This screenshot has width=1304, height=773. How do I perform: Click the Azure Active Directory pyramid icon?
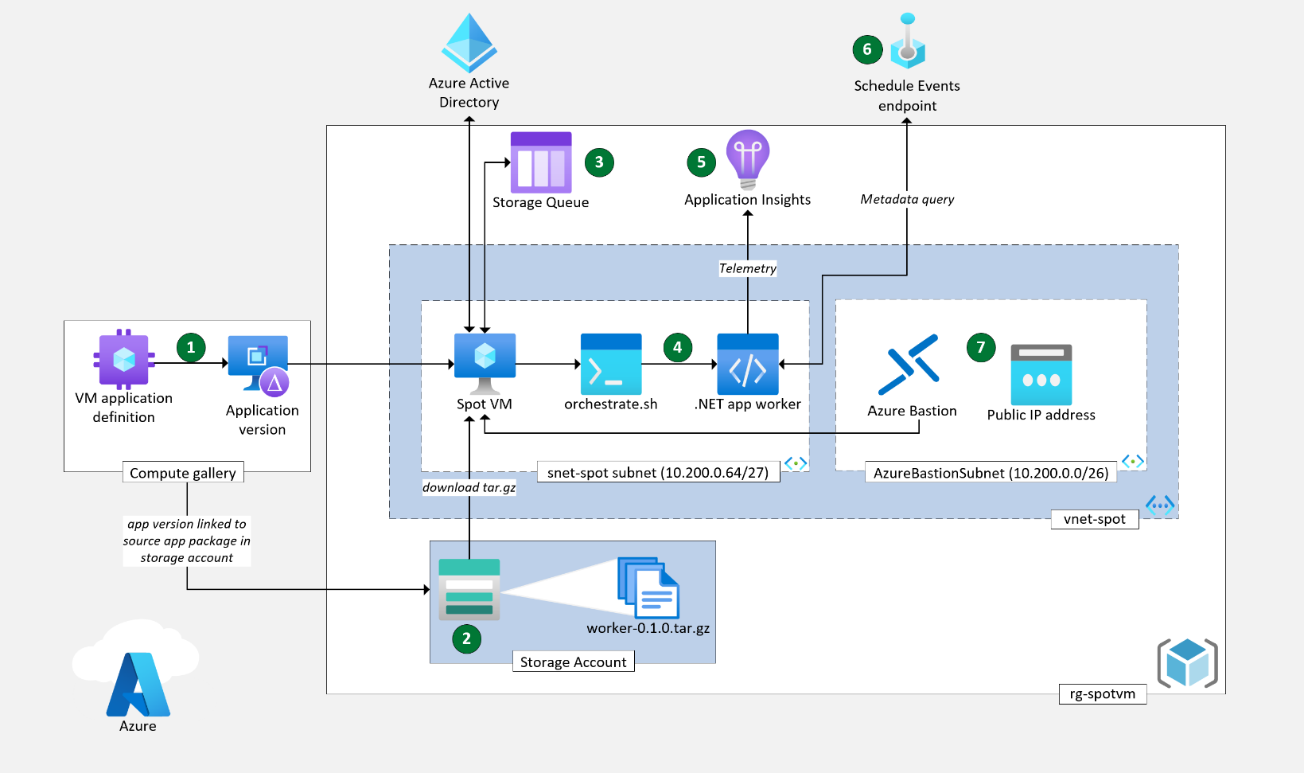469,42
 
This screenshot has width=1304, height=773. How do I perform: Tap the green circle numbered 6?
867,49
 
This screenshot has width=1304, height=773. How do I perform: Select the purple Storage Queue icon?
541,162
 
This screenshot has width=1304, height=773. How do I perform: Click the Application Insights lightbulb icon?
747,159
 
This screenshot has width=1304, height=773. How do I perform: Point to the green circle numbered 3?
599,162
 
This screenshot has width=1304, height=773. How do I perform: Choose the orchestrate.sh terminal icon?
611,364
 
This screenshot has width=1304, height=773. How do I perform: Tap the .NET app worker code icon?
747,364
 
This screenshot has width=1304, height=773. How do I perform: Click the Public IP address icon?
1041,374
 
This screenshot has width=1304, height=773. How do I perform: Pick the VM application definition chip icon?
124,359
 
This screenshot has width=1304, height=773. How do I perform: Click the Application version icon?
259,366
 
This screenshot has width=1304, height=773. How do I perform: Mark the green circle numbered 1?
191,348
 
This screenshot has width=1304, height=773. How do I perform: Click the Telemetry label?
747,268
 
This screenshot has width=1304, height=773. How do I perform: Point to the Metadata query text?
907,199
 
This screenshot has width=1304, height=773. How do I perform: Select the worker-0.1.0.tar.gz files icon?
648,588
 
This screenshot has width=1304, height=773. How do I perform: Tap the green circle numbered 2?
466,638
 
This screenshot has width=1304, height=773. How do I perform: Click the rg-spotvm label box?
1103,693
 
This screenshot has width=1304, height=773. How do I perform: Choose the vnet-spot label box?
1095,519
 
